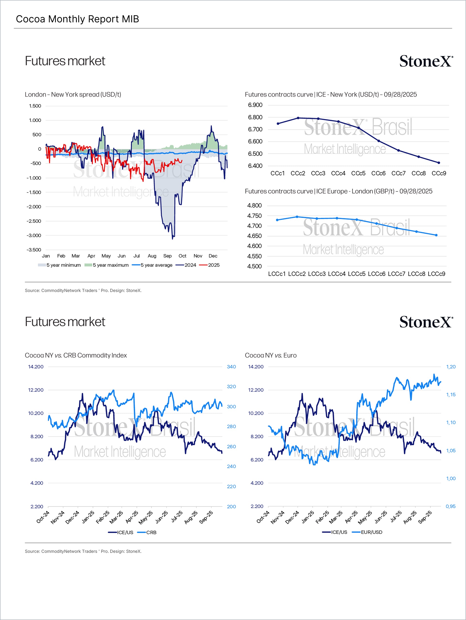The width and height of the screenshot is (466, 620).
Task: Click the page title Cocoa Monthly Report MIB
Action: pyautogui.click(x=77, y=19)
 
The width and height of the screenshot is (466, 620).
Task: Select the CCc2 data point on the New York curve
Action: pyautogui.click(x=298, y=118)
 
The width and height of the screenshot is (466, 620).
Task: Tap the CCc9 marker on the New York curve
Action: pyautogui.click(x=439, y=163)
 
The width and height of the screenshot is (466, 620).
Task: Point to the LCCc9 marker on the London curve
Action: pyautogui.click(x=436, y=235)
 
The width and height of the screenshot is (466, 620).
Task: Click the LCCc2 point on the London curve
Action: pyautogui.click(x=297, y=217)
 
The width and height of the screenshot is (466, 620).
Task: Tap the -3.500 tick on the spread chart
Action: pyautogui.click(x=34, y=250)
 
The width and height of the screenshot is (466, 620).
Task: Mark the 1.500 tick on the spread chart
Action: pyautogui.click(x=35, y=106)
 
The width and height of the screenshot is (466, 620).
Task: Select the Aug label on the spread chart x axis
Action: pyautogui.click(x=152, y=256)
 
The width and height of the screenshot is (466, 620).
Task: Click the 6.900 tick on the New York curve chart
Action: pyautogui.click(x=255, y=105)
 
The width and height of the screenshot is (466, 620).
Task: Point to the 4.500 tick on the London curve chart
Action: pyautogui.click(x=254, y=266)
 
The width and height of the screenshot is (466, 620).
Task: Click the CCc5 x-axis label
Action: pyautogui.click(x=358, y=174)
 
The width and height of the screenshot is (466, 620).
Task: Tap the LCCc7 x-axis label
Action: pyautogui.click(x=397, y=274)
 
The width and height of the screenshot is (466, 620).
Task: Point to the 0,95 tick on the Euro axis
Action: pyautogui.click(x=451, y=506)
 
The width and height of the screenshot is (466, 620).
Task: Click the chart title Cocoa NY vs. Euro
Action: pyautogui.click(x=270, y=355)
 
